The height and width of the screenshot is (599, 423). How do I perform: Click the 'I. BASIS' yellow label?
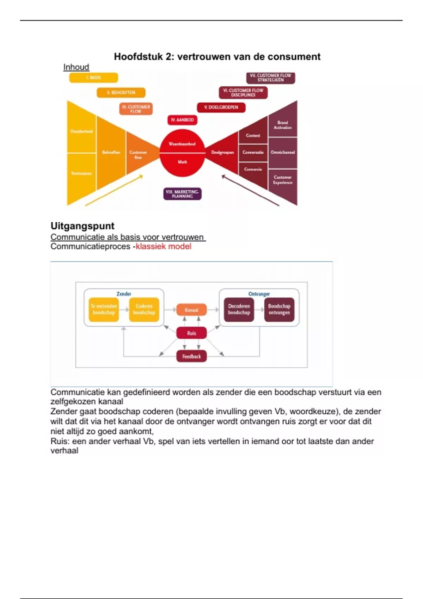pyautogui.click(x=93, y=78)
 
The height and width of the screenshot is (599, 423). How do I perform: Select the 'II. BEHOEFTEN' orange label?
pyautogui.click(x=121, y=93)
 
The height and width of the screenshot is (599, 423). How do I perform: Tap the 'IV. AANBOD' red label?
pyautogui.click(x=182, y=120)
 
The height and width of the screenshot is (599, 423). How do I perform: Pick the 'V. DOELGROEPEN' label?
pyautogui.click(x=221, y=107)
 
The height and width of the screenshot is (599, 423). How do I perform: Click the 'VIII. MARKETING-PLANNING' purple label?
pyautogui.click(x=182, y=194)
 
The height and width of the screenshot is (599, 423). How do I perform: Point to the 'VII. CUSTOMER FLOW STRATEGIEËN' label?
pyautogui.click(x=270, y=78)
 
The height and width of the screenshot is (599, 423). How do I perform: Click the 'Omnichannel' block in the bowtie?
pyautogui.click(x=283, y=153)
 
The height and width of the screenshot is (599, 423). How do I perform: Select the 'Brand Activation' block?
pyautogui.click(x=283, y=125)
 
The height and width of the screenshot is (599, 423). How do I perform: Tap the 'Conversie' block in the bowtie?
pyautogui.click(x=253, y=169)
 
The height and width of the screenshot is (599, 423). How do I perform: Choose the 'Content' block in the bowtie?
pyautogui.click(x=253, y=135)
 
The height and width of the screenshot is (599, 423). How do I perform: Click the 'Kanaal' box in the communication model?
pyautogui.click(x=191, y=310)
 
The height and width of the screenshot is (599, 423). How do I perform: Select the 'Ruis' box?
pyautogui.click(x=191, y=333)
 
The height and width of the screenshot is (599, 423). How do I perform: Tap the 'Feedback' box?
pyautogui.click(x=191, y=356)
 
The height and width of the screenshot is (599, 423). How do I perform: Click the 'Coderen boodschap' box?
pyautogui.click(x=144, y=309)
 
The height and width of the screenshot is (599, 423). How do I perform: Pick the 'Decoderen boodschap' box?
pyautogui.click(x=239, y=309)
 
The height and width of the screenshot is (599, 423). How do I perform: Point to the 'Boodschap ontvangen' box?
pyautogui.click(x=279, y=309)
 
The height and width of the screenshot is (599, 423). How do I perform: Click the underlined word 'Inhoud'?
pyautogui.click(x=76, y=67)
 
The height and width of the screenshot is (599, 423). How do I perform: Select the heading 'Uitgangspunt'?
pyautogui.click(x=82, y=226)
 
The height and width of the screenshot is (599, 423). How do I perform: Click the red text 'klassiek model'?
pyautogui.click(x=164, y=246)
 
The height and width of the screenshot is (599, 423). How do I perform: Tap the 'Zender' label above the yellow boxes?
pyautogui.click(x=124, y=294)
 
